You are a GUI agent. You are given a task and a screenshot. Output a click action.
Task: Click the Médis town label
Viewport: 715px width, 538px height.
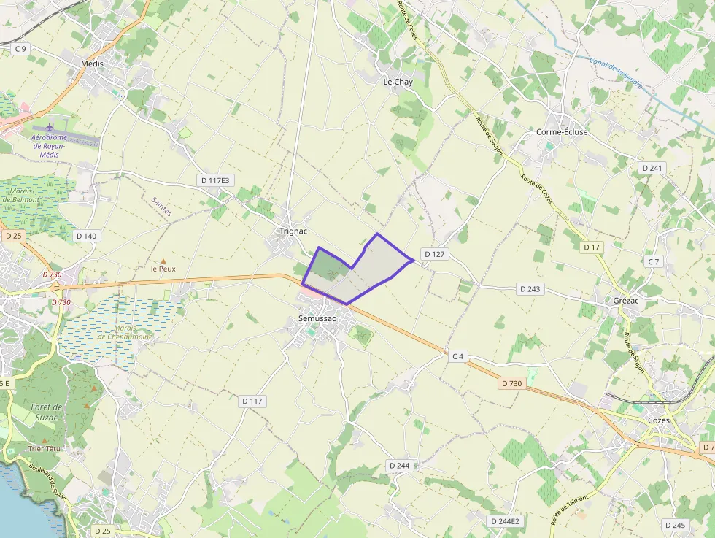[x=92, y=64]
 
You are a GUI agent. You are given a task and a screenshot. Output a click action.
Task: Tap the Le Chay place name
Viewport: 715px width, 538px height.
[x=398, y=82]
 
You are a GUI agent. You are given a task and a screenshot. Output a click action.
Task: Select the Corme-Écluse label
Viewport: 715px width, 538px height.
[x=562, y=132]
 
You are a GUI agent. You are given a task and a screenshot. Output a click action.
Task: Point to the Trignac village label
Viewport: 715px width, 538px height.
[x=293, y=231]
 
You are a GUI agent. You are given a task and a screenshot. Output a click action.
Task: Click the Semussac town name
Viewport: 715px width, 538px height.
[x=317, y=319]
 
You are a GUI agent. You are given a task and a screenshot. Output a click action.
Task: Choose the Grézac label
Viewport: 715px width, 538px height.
[x=625, y=300]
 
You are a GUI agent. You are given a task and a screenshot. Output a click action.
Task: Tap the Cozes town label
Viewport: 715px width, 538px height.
[x=659, y=420]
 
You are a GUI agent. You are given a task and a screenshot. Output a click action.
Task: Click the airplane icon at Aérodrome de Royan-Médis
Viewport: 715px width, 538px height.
[x=50, y=128]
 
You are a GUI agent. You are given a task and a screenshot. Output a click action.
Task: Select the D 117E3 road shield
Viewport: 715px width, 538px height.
[x=215, y=180]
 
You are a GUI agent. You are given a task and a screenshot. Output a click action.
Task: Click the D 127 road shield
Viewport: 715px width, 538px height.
[x=434, y=254]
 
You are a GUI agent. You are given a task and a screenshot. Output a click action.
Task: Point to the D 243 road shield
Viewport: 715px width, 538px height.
[x=531, y=289]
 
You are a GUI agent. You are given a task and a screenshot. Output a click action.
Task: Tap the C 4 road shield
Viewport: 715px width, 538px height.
[x=457, y=356]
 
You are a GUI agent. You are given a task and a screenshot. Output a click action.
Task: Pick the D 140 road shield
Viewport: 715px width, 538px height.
[x=86, y=236]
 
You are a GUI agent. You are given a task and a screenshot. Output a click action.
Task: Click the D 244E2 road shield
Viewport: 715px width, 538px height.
[x=505, y=520]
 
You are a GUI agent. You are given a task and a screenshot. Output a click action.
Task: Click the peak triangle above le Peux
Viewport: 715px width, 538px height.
[x=163, y=261]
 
